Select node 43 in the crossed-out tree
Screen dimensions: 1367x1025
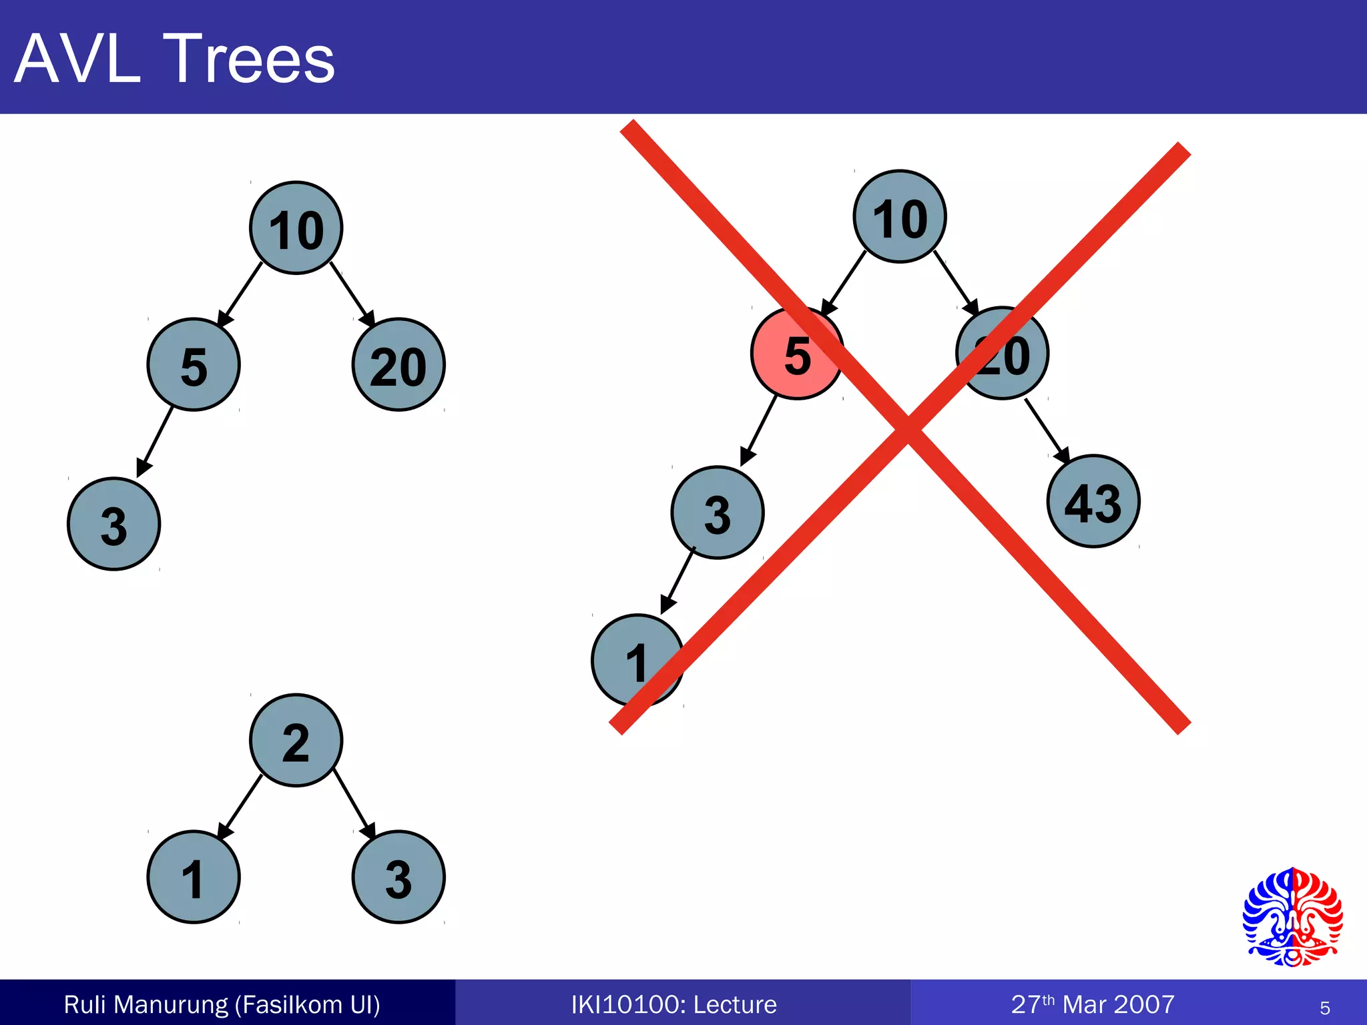[x=1093, y=502]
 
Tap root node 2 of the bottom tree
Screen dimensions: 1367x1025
[x=296, y=741]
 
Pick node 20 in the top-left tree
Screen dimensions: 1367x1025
[x=398, y=365]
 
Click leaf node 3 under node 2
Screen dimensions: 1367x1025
[x=398, y=878]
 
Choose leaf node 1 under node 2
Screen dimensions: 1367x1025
[x=193, y=878]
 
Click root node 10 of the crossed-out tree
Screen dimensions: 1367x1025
[x=900, y=217]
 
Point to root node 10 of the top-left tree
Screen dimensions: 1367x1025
[x=296, y=228]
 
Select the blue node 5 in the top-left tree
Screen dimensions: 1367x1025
[x=193, y=365]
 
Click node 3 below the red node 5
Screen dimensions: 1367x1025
[x=718, y=512]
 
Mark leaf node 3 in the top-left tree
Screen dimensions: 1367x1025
[x=113, y=524]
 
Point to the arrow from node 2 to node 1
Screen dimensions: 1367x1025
[x=240, y=806]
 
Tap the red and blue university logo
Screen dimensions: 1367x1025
[x=1292, y=918]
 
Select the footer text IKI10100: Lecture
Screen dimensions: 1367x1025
[x=673, y=1004]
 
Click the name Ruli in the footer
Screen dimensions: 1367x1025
[x=84, y=1004]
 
